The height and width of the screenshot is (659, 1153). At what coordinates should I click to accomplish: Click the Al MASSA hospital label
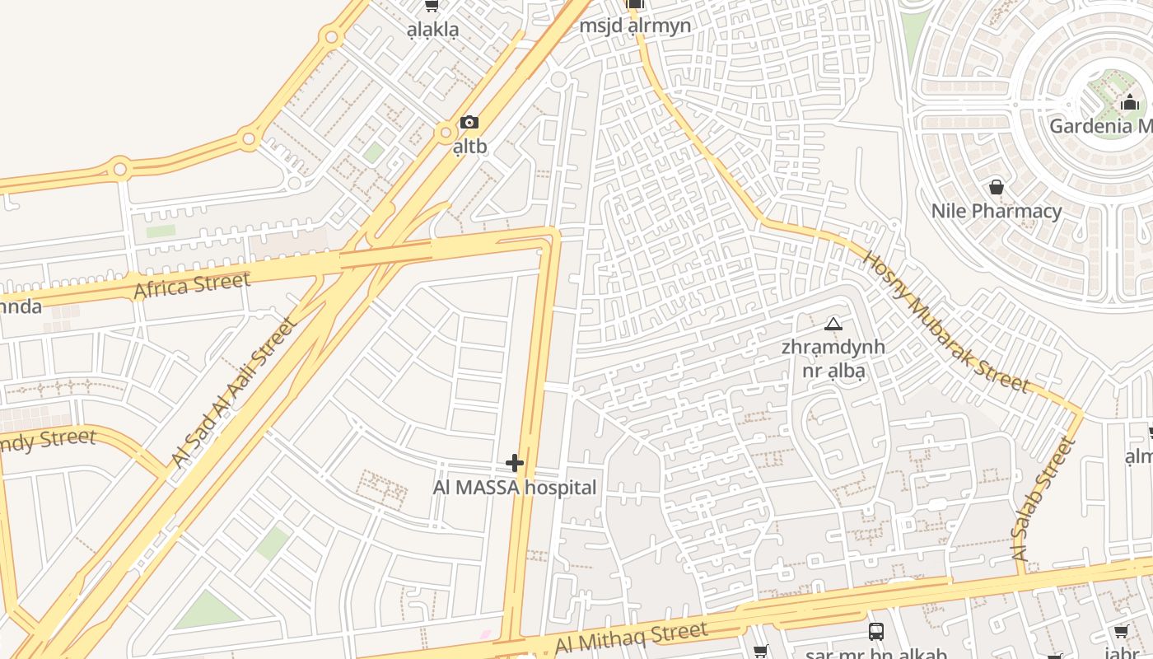coord(515,488)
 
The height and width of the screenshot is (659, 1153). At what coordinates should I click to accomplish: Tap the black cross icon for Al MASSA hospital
coord(515,463)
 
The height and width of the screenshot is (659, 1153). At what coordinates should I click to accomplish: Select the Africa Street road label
coord(192,286)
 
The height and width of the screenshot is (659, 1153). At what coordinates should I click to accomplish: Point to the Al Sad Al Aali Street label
coord(234,392)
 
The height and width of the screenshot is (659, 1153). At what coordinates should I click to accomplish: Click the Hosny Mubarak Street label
coord(945,321)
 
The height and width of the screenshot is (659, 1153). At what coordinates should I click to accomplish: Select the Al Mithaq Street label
coord(631,637)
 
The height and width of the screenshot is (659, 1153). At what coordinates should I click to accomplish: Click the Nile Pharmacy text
coord(997,211)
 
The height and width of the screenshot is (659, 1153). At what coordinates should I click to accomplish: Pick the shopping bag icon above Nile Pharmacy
coord(997,187)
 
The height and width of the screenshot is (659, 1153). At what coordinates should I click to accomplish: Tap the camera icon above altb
coord(469,123)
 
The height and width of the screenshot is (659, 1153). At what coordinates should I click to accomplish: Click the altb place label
coord(469,147)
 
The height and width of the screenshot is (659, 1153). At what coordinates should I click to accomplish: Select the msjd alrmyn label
coord(635,26)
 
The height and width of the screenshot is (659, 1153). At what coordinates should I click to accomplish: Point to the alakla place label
coord(432,30)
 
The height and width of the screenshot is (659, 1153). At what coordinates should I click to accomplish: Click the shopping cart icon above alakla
coord(431,6)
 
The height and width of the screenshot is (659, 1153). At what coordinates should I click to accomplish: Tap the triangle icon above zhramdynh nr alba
coord(833,324)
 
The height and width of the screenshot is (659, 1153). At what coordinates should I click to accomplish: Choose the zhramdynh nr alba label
coord(833,358)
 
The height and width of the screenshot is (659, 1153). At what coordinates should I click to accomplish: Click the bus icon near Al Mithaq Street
coord(876,632)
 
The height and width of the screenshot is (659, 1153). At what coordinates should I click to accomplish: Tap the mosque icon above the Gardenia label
coord(1130,102)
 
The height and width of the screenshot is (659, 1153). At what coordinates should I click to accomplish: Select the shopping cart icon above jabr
coord(1121,632)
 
